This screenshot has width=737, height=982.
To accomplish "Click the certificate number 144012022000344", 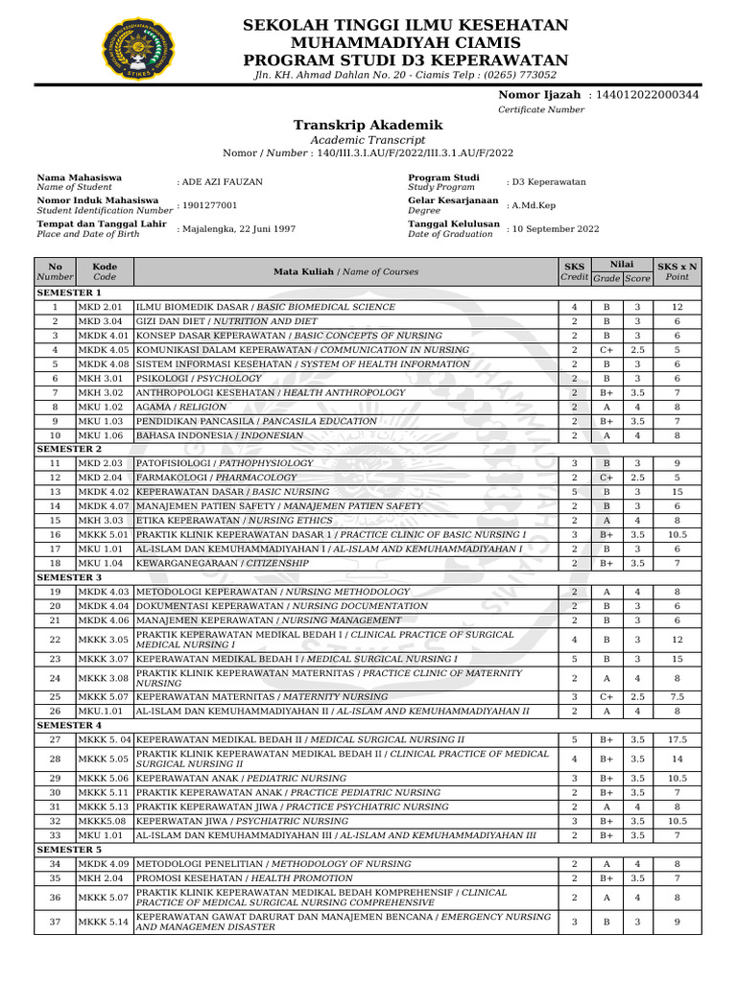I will pos(647,95).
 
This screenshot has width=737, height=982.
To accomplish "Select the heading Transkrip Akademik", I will pos(368,126).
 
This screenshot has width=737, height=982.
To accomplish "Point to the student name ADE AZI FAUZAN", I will pos(222,181).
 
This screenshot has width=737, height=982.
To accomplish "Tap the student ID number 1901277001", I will pos(209,205).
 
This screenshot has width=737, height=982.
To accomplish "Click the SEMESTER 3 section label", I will pos(69,578).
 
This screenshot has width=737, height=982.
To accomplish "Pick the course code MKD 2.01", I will pos(100,307).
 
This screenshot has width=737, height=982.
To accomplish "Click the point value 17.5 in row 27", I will pos(677,739).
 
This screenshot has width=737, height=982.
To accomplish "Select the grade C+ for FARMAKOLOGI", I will pos(606,478).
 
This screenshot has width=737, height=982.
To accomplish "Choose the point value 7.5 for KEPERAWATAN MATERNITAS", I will pos(677,696).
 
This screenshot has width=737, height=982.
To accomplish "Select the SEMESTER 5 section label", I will pos(69,850).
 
